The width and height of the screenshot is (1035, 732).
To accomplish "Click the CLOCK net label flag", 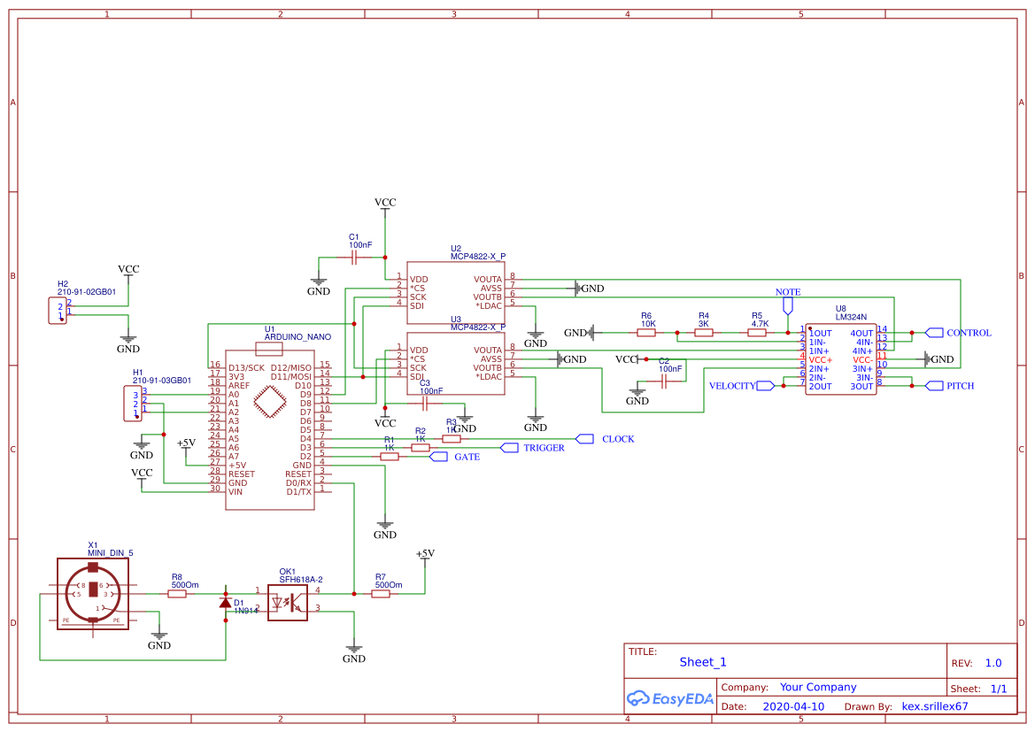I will point(584,439).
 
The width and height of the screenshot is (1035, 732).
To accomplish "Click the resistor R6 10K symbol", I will point(647,333).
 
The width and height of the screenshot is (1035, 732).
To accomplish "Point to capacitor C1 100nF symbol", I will point(354,258).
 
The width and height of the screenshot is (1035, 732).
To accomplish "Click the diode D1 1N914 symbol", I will point(226,603).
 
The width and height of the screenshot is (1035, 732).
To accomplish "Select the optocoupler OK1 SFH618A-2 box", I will point(287,603).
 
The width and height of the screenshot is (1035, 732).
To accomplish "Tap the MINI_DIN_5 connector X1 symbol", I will point(92,595).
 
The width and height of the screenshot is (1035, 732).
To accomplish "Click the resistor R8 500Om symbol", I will point(177,594).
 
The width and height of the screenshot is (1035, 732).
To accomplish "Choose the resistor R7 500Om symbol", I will point(381,594).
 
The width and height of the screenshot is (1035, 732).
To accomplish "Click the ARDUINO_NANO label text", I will point(297,337).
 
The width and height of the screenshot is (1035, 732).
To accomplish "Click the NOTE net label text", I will point(787,292).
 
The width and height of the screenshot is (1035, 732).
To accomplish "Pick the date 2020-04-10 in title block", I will point(792,707).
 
